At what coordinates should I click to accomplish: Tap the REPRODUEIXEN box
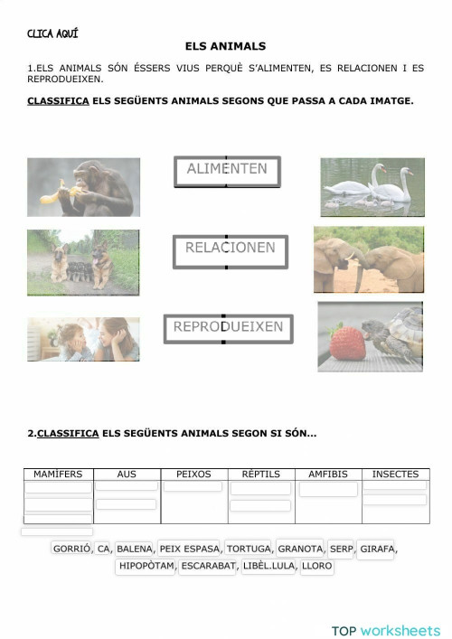tap(228, 328)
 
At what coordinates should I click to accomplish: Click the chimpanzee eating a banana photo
tap(83, 187)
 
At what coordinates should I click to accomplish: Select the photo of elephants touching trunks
tap(369, 259)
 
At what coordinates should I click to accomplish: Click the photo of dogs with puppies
tap(83, 262)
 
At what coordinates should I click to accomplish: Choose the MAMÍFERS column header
tap(58, 474)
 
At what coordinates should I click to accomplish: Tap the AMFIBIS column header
tap(328, 474)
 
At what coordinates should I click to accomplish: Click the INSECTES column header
tap(395, 474)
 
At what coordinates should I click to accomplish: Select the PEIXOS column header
tap(193, 474)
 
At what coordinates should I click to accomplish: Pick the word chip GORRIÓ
tap(72, 549)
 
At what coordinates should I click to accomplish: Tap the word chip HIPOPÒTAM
tap(146, 567)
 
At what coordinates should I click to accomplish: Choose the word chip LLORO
tap(316, 567)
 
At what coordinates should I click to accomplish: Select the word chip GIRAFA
tap(377, 549)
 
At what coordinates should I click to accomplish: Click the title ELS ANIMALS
tap(225, 45)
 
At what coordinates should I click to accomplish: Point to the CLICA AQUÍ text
tap(52, 33)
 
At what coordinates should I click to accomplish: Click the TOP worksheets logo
tap(385, 606)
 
